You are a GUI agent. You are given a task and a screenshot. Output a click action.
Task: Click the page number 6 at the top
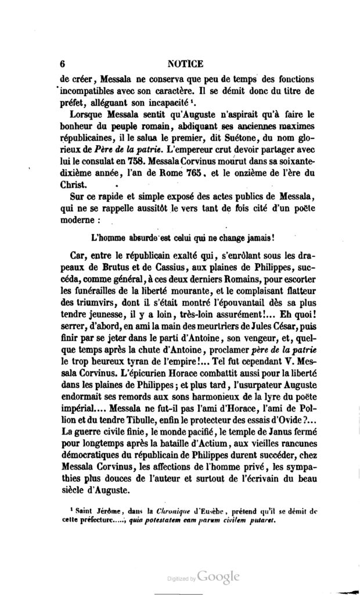62,64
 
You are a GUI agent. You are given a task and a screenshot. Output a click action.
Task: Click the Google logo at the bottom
218,576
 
